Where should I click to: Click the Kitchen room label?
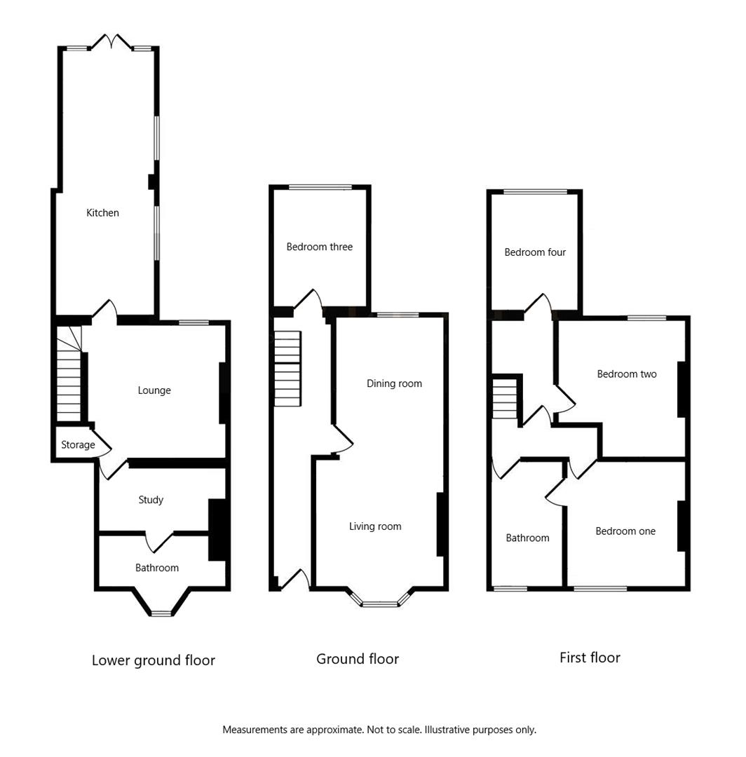[102, 213]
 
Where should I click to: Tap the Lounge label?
[154, 390]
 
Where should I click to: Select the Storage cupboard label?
[78, 445]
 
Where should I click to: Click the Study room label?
[151, 500]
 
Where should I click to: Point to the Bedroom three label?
[319, 247]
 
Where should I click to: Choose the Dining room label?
[394, 383]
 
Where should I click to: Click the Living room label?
[375, 526]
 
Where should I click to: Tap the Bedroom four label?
[535, 252]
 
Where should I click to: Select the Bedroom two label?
[627, 374]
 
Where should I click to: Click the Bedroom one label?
[625, 531]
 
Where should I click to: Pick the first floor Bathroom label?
[527, 538]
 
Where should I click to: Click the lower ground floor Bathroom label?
[157, 568]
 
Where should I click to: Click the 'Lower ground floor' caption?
[154, 660]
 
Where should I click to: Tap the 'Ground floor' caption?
[358, 659]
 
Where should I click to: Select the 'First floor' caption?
[590, 657]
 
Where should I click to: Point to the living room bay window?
[379, 601]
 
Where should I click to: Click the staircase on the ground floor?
[287, 369]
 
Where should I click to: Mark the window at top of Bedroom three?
[320, 187]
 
